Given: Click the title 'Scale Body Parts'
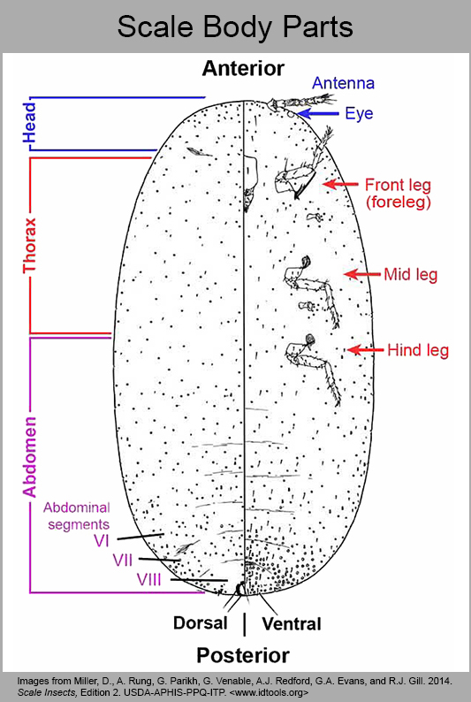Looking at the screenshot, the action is click(x=235, y=27).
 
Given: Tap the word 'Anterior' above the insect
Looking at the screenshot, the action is click(x=243, y=68).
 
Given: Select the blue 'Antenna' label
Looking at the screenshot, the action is click(x=343, y=83).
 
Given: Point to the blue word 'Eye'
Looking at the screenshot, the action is click(x=359, y=114).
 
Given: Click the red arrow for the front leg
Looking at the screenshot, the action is click(x=340, y=184).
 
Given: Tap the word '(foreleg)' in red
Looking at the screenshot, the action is click(x=398, y=202).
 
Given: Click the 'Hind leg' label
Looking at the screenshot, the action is click(x=418, y=350).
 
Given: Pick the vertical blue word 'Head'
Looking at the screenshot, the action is click(x=29, y=123).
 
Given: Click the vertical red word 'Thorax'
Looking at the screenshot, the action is click(x=29, y=245).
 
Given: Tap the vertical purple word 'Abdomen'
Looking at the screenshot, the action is click(x=29, y=457).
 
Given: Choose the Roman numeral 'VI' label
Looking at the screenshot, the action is click(x=102, y=541).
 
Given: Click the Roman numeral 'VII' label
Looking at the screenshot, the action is click(x=123, y=560).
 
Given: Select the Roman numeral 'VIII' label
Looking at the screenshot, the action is click(x=149, y=580).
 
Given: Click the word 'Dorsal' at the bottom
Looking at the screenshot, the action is click(x=201, y=622).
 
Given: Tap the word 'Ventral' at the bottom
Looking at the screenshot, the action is click(x=292, y=623).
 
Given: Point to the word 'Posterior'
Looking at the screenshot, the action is click(x=243, y=655).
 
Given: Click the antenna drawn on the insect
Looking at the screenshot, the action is click(x=300, y=101).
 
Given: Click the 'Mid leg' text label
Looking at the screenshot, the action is click(x=411, y=274).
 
